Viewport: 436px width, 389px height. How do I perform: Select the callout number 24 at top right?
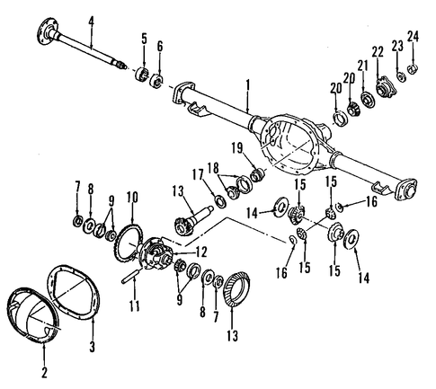click(413, 36)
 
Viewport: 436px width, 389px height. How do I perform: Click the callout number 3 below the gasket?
click(93, 347)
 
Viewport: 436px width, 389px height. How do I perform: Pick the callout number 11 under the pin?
click(135, 305)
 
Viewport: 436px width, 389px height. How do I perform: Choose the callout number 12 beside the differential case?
click(201, 252)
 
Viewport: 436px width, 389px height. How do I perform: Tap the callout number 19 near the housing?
click(239, 148)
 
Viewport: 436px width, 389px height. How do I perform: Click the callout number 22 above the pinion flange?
click(378, 53)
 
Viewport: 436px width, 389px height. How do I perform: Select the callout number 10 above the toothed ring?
click(132, 197)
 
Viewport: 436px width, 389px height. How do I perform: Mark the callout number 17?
click(198, 174)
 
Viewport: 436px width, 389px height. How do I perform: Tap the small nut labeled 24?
click(413, 69)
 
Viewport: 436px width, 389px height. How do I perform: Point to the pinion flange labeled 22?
click(385, 86)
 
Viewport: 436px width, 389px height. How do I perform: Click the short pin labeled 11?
click(130, 277)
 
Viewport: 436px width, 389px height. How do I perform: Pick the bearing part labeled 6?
click(156, 80)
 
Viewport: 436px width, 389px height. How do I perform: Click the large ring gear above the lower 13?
click(236, 287)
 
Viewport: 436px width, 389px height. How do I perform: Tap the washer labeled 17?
click(220, 200)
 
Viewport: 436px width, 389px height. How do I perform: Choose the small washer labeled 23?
click(401, 76)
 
